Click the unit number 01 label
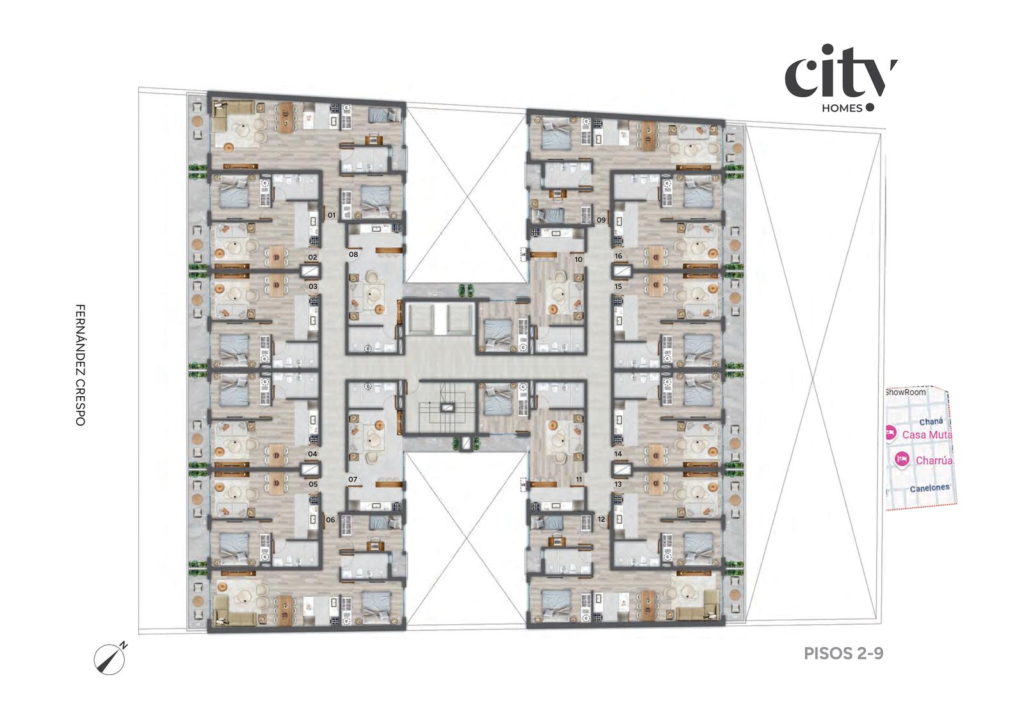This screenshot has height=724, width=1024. click(x=332, y=215)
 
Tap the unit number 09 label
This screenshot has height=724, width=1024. click(x=601, y=220)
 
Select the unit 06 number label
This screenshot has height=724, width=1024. click(x=330, y=520)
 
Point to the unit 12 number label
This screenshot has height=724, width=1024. click(x=601, y=519)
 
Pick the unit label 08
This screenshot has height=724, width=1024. click(x=353, y=254)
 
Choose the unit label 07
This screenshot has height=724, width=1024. click(x=353, y=479)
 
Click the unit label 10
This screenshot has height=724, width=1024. click(x=579, y=259)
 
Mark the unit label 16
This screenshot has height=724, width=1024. click(x=618, y=256)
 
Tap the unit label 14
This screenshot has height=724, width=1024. click(x=618, y=454)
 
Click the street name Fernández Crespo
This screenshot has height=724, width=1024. click(x=80, y=365)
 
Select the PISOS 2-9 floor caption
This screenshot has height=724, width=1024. click(x=844, y=654)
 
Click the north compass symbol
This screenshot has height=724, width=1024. click(x=109, y=659)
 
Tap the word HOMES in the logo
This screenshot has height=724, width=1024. click(x=842, y=108)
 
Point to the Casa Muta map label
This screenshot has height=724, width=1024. click(x=927, y=434)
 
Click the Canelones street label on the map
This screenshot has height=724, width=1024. click(x=929, y=488)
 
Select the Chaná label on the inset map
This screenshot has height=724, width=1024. click(x=931, y=422)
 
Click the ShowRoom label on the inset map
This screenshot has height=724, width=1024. click(x=906, y=392)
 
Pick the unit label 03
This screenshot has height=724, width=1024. click(x=313, y=287)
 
